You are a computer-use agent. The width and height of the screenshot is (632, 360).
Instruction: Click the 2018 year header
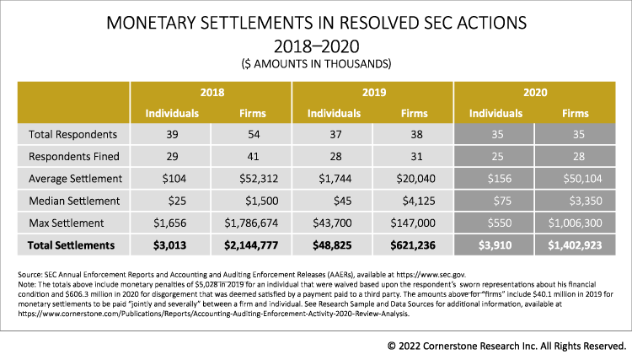click(x=211, y=92)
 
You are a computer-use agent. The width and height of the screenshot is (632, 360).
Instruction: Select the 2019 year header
click(x=372, y=92)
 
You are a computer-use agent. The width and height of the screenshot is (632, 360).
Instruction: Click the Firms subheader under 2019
click(x=413, y=112)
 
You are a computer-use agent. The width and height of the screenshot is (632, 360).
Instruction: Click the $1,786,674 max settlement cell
click(x=251, y=223)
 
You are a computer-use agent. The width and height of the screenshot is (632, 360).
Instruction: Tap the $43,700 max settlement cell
click(x=332, y=223)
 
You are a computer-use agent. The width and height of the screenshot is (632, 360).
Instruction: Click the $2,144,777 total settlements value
click(x=251, y=244)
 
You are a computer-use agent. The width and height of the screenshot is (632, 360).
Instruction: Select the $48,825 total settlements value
click(x=332, y=244)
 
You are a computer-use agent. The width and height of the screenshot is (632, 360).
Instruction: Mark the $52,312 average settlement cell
click(x=251, y=178)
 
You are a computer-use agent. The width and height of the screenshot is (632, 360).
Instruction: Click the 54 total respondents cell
click(x=251, y=134)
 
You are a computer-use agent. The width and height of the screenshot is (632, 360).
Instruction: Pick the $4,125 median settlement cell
click(x=413, y=200)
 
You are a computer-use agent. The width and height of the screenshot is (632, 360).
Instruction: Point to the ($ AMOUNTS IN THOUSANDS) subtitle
click(x=316, y=63)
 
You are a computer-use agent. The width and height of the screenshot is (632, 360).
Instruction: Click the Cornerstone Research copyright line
click(x=506, y=345)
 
